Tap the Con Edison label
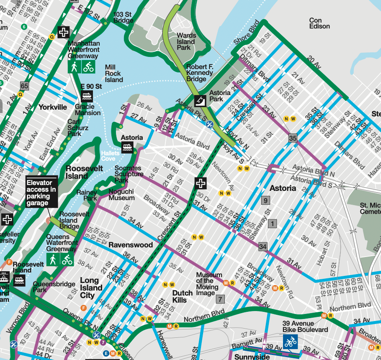pos(319,23)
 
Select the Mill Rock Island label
pos(114,73)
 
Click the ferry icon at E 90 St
pos(87,96)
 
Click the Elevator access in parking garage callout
pos(41,193)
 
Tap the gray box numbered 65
pos(24,86)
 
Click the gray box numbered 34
pos(263,247)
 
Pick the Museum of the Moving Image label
pos(209,281)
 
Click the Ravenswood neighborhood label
pos(131,245)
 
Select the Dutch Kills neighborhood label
pos(183,296)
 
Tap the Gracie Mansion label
pos(88,110)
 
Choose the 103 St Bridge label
pos(123,17)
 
